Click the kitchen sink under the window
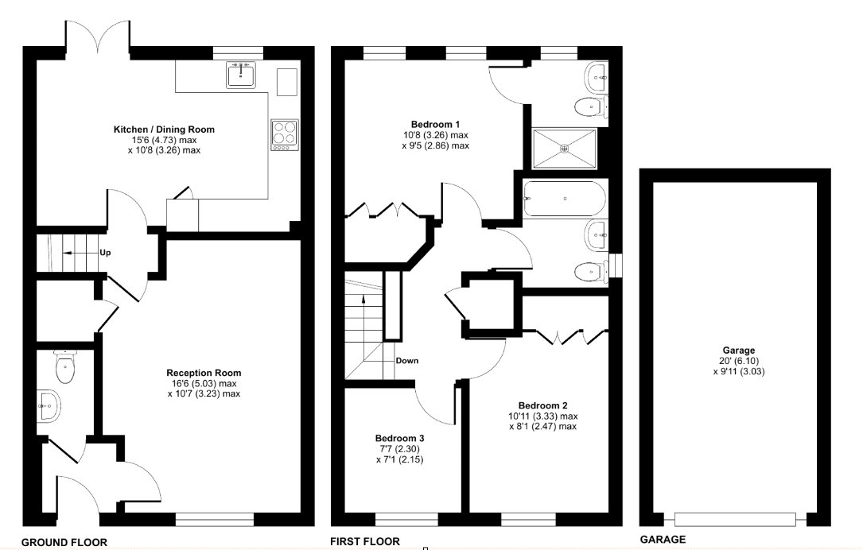240,76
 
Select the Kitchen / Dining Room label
164,130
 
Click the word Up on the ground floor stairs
105,253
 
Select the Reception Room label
204,373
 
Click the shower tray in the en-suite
565,148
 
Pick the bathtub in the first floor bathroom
564,198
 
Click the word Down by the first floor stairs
406,361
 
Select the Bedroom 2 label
542,405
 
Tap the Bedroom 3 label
399,438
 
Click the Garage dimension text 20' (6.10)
739,360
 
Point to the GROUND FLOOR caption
64,542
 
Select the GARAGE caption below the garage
663,540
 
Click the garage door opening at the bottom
735,519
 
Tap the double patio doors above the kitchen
98,40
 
